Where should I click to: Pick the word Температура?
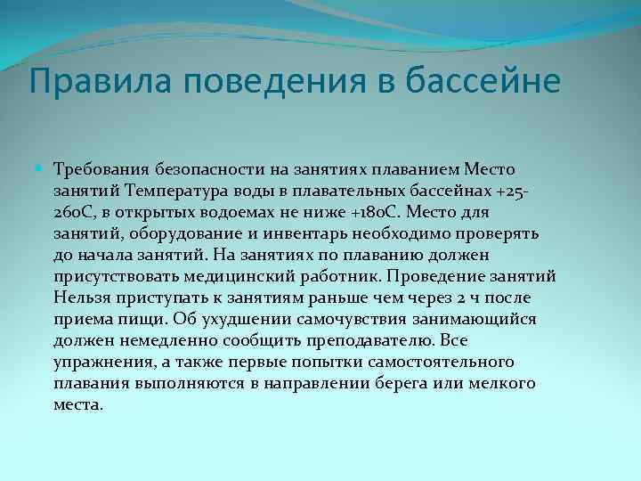click(x=177, y=191)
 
